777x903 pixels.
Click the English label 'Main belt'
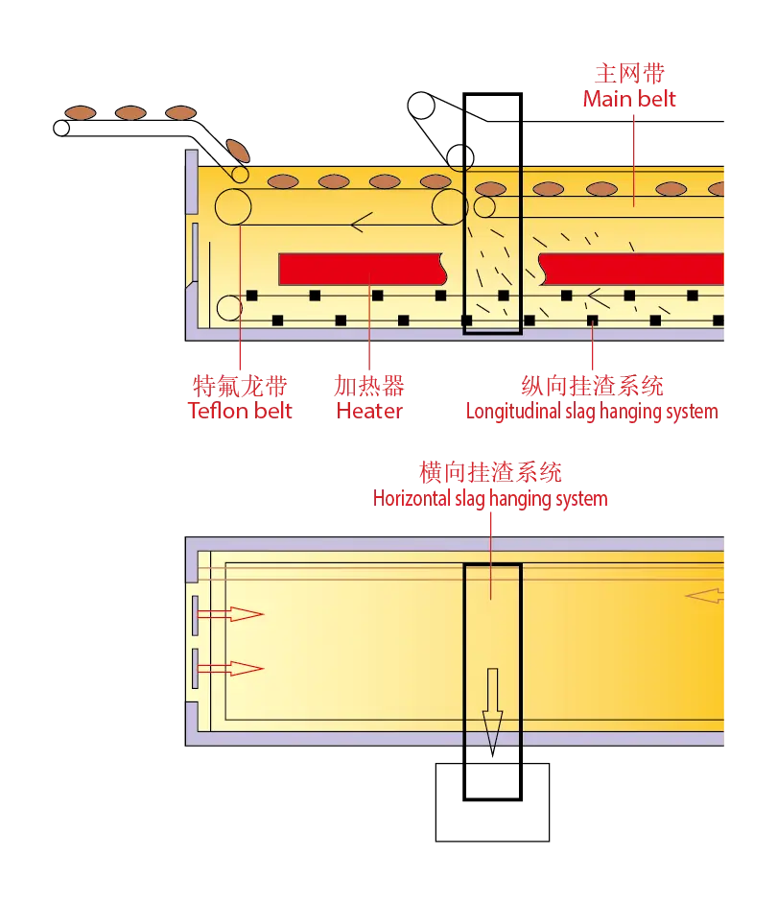pyautogui.click(x=629, y=99)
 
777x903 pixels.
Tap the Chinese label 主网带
pyautogui.click(x=629, y=73)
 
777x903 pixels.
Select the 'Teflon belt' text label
pyautogui.click(x=240, y=411)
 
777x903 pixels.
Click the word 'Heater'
pyautogui.click(x=369, y=411)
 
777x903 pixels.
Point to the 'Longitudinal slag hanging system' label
pyautogui.click(x=592, y=411)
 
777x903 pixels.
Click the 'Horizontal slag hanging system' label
pyautogui.click(x=490, y=498)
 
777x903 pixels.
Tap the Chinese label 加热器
pyautogui.click(x=369, y=386)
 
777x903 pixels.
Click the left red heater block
pyautogui.click(x=363, y=269)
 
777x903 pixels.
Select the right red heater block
pyautogui.click(x=631, y=269)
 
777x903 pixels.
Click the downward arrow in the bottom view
pyautogui.click(x=492, y=712)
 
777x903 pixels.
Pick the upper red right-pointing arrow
pyautogui.click(x=230, y=614)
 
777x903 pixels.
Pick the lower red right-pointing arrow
pyautogui.click(x=230, y=669)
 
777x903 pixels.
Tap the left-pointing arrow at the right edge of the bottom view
pyautogui.click(x=704, y=596)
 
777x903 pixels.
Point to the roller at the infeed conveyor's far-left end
pyautogui.click(x=61, y=128)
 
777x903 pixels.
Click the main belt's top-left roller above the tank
pyautogui.click(x=421, y=106)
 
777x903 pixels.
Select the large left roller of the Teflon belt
pyautogui.click(x=233, y=206)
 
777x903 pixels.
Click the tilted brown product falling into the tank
pyautogui.click(x=238, y=151)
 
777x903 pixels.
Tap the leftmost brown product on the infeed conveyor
pyautogui.click(x=80, y=112)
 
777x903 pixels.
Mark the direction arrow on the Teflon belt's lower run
pyautogui.click(x=362, y=223)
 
